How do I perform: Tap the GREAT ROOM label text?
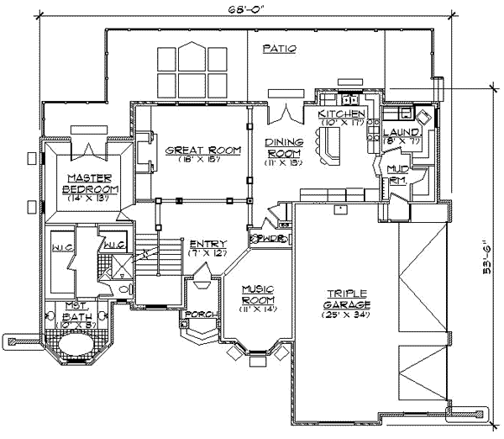click(192, 151)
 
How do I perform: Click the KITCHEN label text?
click(342, 113)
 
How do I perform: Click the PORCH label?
click(205, 315)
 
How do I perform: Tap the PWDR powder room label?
click(271, 238)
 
